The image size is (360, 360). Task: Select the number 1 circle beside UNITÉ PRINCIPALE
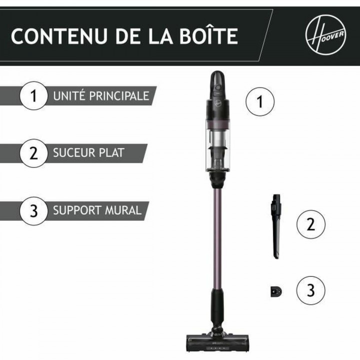[x=33, y=95]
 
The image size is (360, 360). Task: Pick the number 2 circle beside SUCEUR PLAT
[x=33, y=152]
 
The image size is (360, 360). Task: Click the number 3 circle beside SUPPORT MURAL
[x=33, y=210]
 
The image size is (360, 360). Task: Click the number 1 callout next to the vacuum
[x=260, y=101]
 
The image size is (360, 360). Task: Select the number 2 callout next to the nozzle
[x=310, y=223]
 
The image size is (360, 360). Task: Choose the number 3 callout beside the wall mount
[x=310, y=289]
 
